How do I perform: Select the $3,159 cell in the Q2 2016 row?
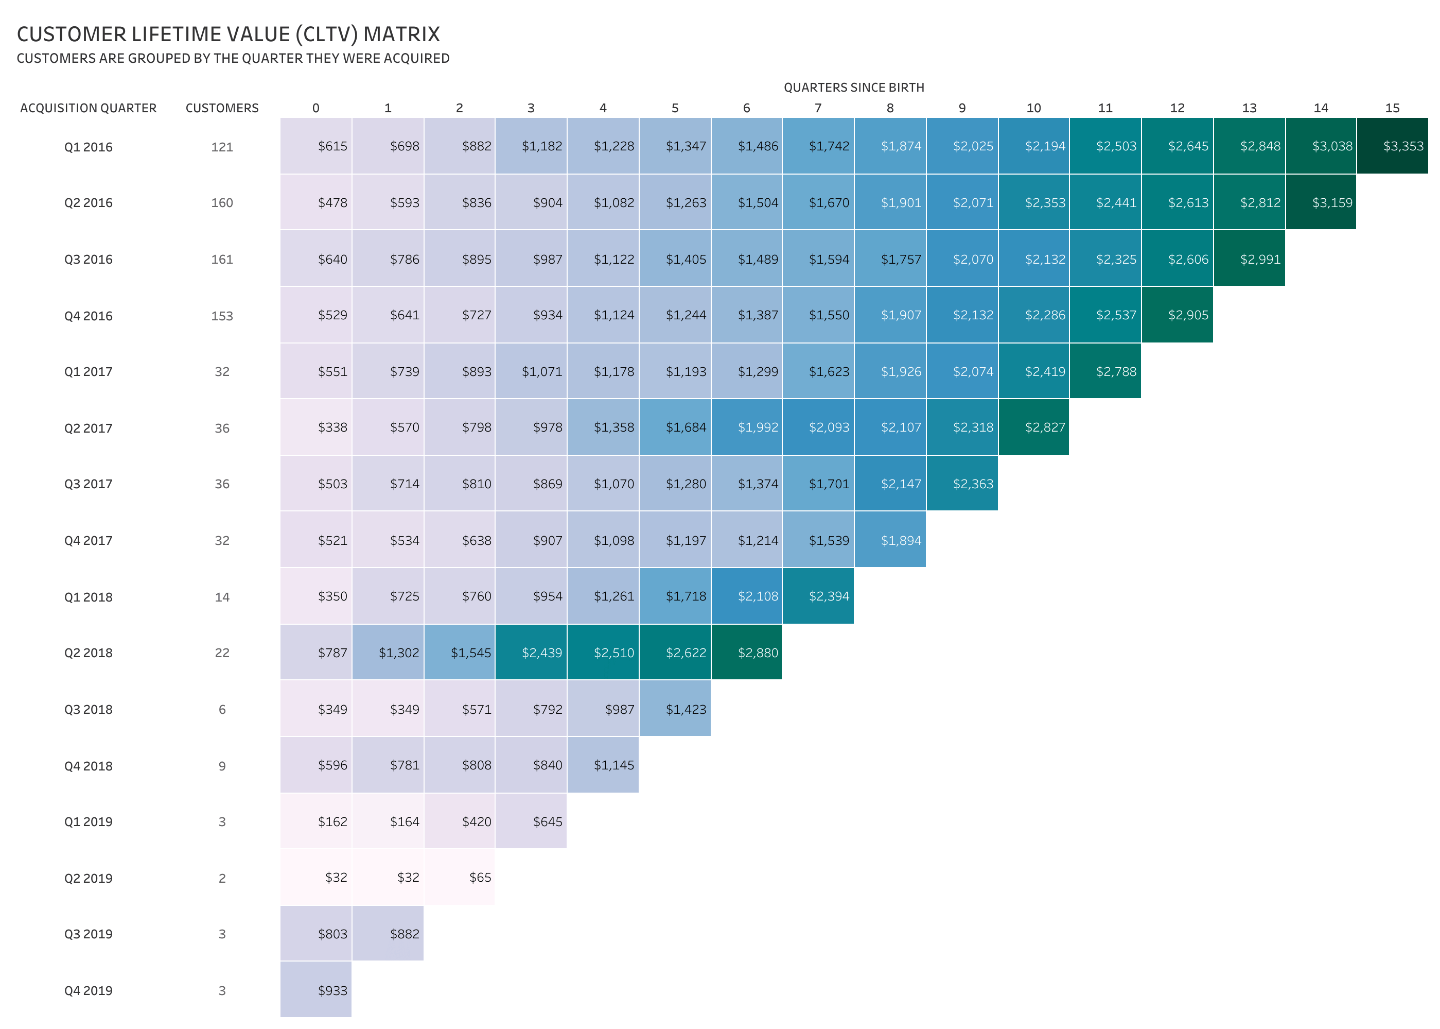pos(1321,203)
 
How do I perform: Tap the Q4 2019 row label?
pos(88,990)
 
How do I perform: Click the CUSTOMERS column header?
pos(222,108)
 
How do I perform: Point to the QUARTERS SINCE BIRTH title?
pos(854,88)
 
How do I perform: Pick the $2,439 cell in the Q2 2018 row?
pos(531,653)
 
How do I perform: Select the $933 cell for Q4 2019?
pos(316,990)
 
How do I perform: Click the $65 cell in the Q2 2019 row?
pos(460,878)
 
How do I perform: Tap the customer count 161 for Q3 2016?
pos(222,259)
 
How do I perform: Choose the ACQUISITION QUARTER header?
pos(88,108)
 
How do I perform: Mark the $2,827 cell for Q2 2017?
pos(1033,427)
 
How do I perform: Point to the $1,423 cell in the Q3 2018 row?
pos(675,709)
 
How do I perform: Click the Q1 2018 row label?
pos(88,597)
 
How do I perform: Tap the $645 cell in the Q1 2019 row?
pos(531,822)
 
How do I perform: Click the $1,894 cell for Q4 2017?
pos(890,540)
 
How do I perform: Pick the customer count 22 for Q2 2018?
pos(222,653)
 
